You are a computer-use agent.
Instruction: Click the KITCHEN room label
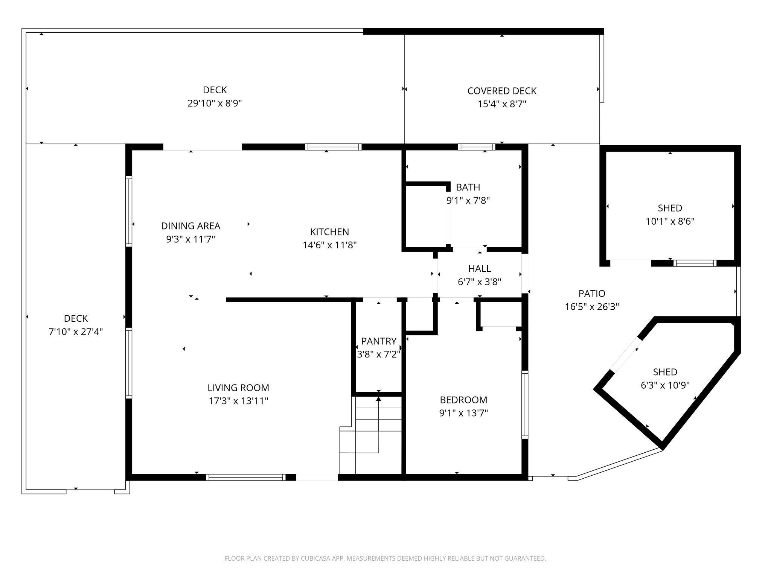(x=329, y=232)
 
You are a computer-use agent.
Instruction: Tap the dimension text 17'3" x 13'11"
(x=238, y=401)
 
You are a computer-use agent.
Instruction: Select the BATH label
(x=468, y=187)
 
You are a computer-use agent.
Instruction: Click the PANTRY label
(x=378, y=341)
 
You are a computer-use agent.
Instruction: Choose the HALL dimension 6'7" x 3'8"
(x=479, y=282)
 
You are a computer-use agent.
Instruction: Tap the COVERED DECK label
(x=502, y=91)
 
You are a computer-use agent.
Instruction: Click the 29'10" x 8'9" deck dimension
(x=215, y=103)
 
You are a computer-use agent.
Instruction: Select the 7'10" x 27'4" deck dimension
(x=76, y=332)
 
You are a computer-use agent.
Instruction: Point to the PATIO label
(x=592, y=294)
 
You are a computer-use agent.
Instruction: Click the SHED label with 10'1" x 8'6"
(x=670, y=208)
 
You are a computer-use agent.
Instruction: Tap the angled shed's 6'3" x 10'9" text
(x=665, y=385)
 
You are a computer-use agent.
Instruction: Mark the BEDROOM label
(x=463, y=400)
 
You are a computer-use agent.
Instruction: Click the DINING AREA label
(x=190, y=226)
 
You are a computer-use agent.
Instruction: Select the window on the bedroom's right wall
(x=524, y=405)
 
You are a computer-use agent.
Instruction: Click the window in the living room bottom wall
(x=245, y=478)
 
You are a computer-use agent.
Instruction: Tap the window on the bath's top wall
(x=476, y=147)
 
